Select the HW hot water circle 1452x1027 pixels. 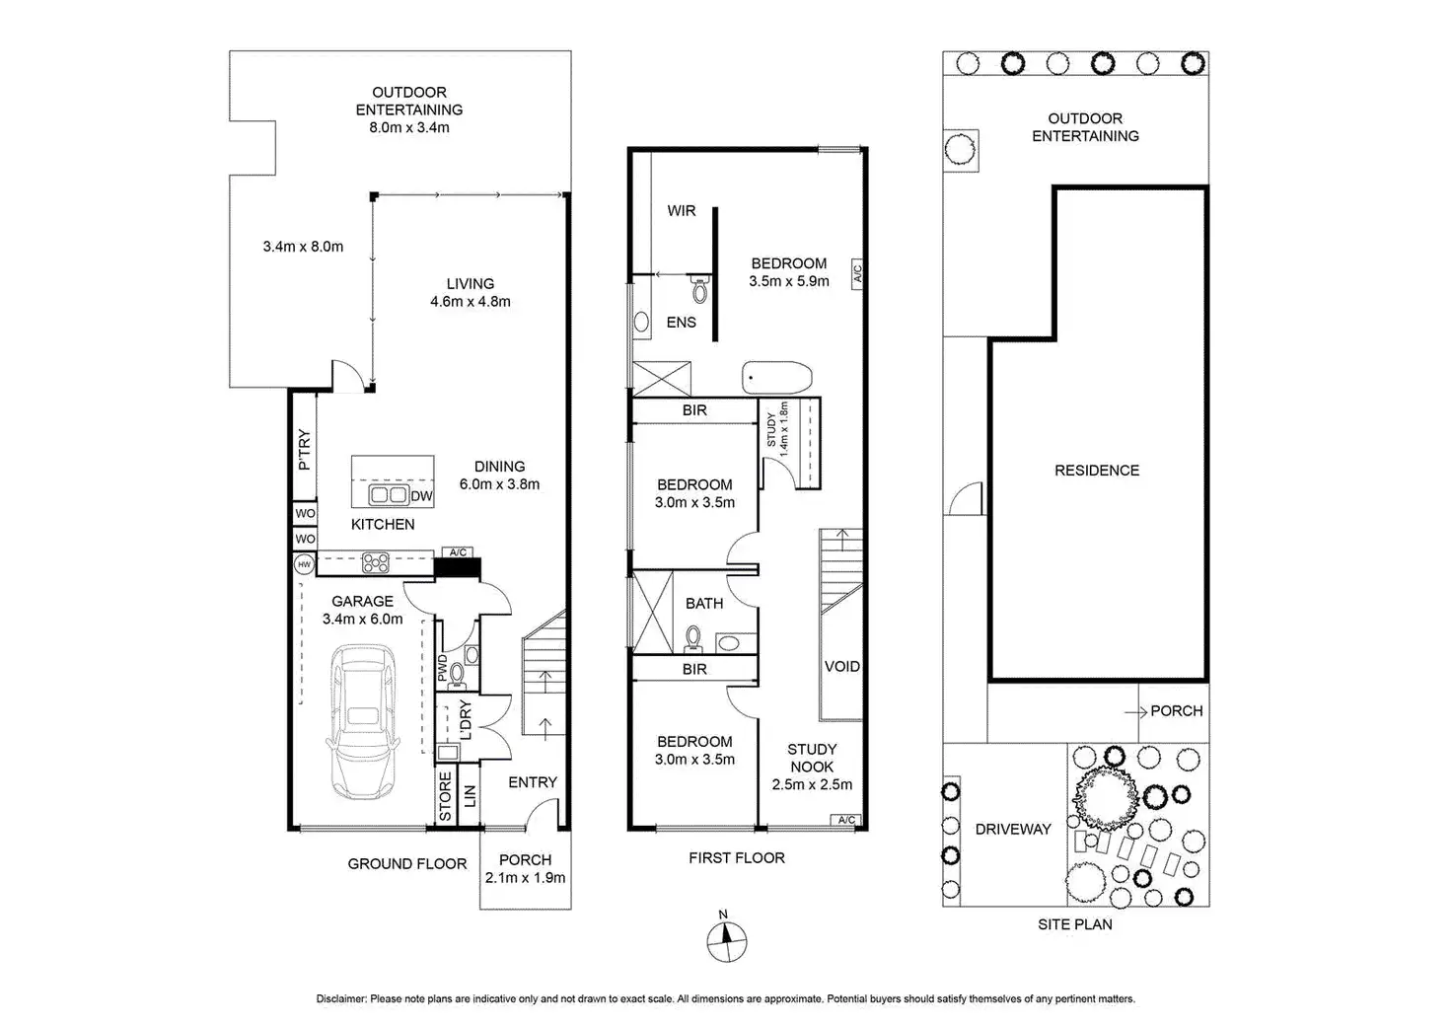pos(304,564)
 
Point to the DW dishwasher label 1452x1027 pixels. pos(421,495)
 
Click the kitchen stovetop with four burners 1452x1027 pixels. pos(375,563)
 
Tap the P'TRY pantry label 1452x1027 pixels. pos(305,450)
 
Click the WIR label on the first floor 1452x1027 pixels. pos(682,211)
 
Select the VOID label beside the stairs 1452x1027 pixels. pos(841,667)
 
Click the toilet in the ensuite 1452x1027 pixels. pos(700,290)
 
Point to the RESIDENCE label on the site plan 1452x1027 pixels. pos(1097,471)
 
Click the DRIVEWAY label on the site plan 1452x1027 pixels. pos(1013,830)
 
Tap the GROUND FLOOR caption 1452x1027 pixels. pos(406,864)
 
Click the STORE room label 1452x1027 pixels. pos(445,797)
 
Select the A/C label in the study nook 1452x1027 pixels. pos(845,820)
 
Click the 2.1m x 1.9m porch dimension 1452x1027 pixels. pos(526,877)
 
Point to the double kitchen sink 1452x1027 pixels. pos(388,495)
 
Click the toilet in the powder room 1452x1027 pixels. pos(456,674)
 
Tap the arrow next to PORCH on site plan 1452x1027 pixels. pos(1134,710)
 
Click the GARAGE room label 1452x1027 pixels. pos(362,601)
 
